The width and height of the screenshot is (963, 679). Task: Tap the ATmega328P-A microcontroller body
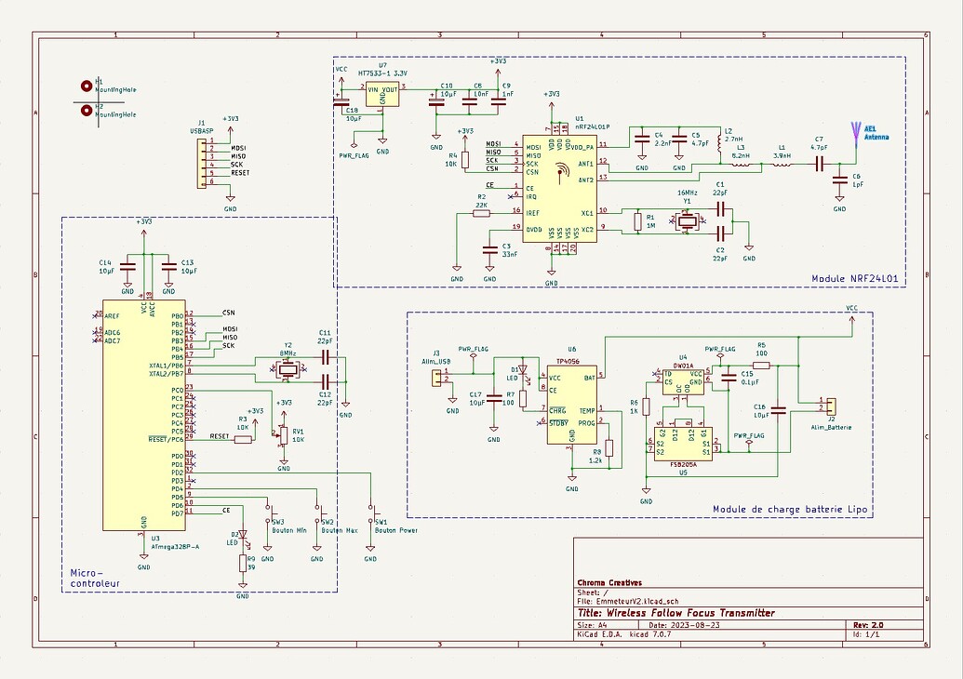click(x=143, y=414)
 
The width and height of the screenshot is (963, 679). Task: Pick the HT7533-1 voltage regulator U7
click(x=382, y=93)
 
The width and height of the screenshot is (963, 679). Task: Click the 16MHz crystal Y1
click(x=687, y=221)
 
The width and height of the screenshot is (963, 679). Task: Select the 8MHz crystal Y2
click(x=288, y=369)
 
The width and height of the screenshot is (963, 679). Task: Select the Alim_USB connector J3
click(x=435, y=377)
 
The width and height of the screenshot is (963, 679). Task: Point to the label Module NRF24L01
click(x=854, y=278)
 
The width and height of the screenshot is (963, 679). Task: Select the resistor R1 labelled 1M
click(x=637, y=221)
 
